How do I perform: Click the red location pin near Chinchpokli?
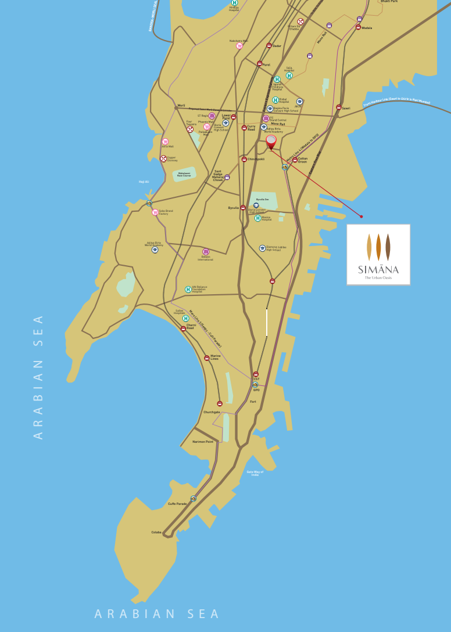pyautogui.click(x=271, y=141)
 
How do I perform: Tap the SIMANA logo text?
pyautogui.click(x=378, y=269)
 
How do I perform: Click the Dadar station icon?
pyautogui.click(x=269, y=45)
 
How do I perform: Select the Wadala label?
pyautogui.click(x=367, y=28)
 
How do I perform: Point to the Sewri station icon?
pyautogui.click(x=339, y=107)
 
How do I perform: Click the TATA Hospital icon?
pyautogui.click(x=289, y=75)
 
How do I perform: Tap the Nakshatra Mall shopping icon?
pyautogui.click(x=239, y=46)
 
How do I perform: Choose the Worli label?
pyautogui.click(x=181, y=105)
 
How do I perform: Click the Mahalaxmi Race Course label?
pyautogui.click(x=184, y=174)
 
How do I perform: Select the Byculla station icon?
pyautogui.click(x=243, y=207)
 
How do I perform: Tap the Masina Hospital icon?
pyautogui.click(x=257, y=218)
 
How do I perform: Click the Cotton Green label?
pyautogui.click(x=303, y=160)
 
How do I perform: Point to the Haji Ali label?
pyautogui.click(x=144, y=182)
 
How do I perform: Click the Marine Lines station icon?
pyautogui.click(x=206, y=358)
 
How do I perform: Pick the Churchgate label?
pyautogui.click(x=212, y=412)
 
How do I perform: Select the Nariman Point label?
pyautogui.click(x=203, y=442)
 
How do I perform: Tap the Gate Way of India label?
pyautogui.click(x=255, y=474)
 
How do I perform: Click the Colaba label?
pyautogui.click(x=156, y=532)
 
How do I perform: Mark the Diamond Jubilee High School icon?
pyautogui.click(x=262, y=248)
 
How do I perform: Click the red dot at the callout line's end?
pyautogui.click(x=361, y=216)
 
